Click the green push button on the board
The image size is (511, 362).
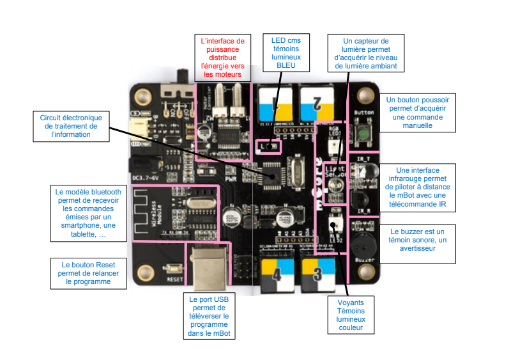pyautogui.click(x=363, y=134)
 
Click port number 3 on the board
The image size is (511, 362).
pyautogui.click(x=319, y=274)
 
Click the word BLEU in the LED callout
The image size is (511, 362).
pyautogui.click(x=286, y=65)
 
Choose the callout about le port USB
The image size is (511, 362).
pyautogui.click(x=209, y=316)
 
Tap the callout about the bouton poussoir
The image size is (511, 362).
pyautogui.click(x=418, y=113)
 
